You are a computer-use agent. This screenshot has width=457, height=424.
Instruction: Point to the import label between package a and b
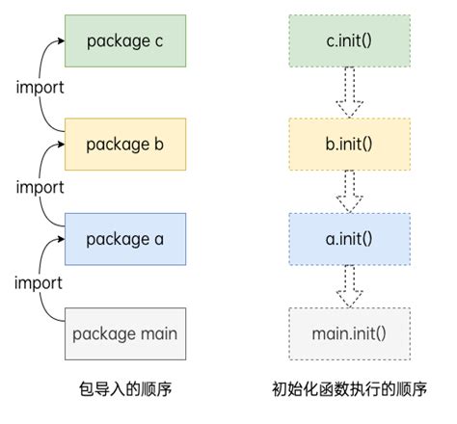click(x=40, y=187)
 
